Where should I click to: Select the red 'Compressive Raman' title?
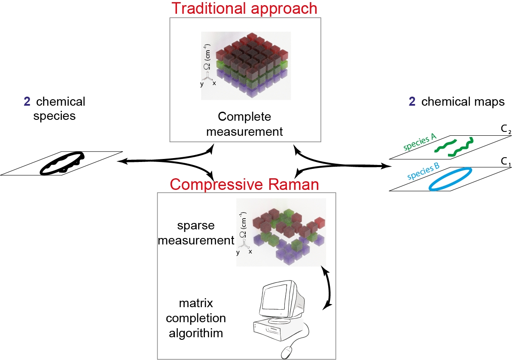(x=244, y=184)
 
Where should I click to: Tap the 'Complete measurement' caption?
(x=244, y=124)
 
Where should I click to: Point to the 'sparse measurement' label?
(x=196, y=233)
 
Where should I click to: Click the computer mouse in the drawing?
(x=287, y=352)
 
